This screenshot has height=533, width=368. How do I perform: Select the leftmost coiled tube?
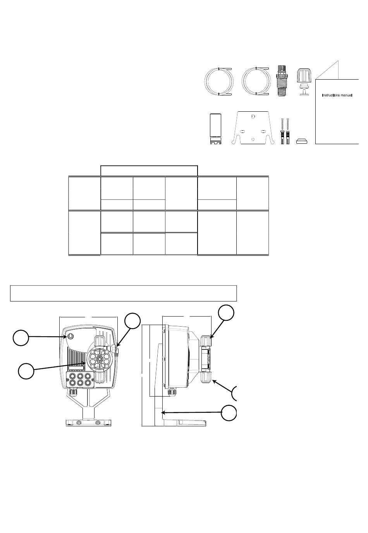(218, 82)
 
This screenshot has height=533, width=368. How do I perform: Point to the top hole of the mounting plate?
(253, 116)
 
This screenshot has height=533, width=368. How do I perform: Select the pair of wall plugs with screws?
(285, 131)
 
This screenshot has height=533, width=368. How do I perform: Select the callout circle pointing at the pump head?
(26, 371)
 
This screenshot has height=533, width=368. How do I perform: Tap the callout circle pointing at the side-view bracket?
(229, 413)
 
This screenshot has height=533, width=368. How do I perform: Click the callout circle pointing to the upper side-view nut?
(226, 313)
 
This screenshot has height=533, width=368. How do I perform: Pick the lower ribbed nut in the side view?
(206, 377)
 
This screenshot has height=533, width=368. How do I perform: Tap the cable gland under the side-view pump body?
(170, 392)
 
